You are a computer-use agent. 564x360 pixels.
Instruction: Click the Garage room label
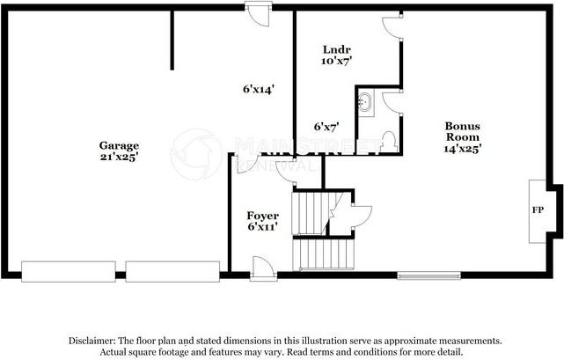click(x=118, y=145)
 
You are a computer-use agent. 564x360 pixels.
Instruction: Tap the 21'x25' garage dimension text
click(x=118, y=157)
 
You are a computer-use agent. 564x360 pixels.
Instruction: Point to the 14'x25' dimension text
click(x=462, y=149)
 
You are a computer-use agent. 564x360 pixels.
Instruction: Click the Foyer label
click(x=263, y=216)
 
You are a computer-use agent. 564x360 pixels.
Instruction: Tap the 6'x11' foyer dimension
click(x=263, y=227)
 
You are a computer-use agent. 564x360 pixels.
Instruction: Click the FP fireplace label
click(x=538, y=211)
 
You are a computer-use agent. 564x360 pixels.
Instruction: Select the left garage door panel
click(x=70, y=271)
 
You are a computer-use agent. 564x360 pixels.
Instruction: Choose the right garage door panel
click(x=172, y=271)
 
